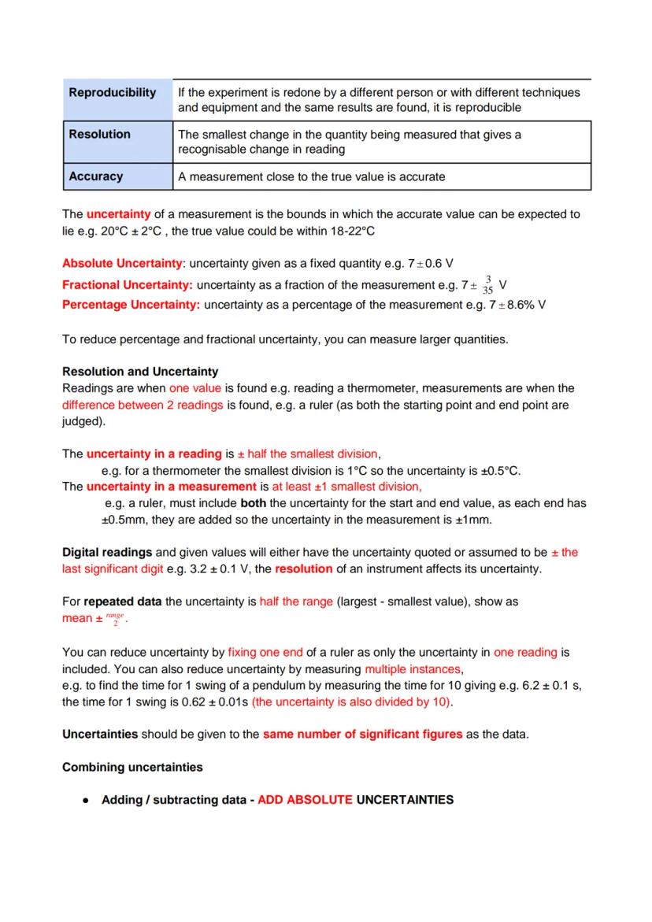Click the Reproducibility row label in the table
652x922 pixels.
click(x=113, y=93)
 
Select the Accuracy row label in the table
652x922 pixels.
click(x=96, y=176)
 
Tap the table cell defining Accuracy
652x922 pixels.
click(x=312, y=177)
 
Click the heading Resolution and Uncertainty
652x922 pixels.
click(x=140, y=372)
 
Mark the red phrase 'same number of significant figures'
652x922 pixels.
click(x=362, y=735)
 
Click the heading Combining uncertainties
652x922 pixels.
click(x=132, y=767)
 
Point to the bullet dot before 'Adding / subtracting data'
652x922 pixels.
click(x=85, y=801)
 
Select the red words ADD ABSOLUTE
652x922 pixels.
click(x=306, y=800)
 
